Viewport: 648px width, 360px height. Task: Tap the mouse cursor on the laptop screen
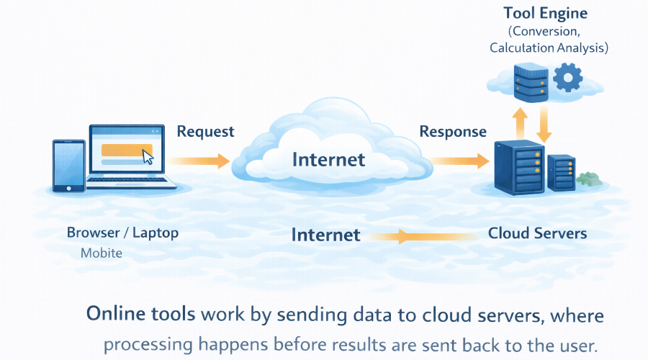[148, 156]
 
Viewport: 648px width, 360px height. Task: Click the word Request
[205, 132]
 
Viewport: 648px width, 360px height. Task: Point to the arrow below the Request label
[204, 161]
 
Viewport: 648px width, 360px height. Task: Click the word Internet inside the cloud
[328, 158]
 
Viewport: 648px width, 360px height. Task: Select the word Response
[452, 132]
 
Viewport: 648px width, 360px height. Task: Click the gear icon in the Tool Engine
[570, 76]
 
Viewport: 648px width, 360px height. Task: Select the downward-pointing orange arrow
[544, 122]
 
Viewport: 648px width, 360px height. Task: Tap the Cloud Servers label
[537, 233]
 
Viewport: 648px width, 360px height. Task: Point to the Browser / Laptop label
[122, 233]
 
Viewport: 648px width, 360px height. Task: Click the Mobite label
[101, 253]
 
